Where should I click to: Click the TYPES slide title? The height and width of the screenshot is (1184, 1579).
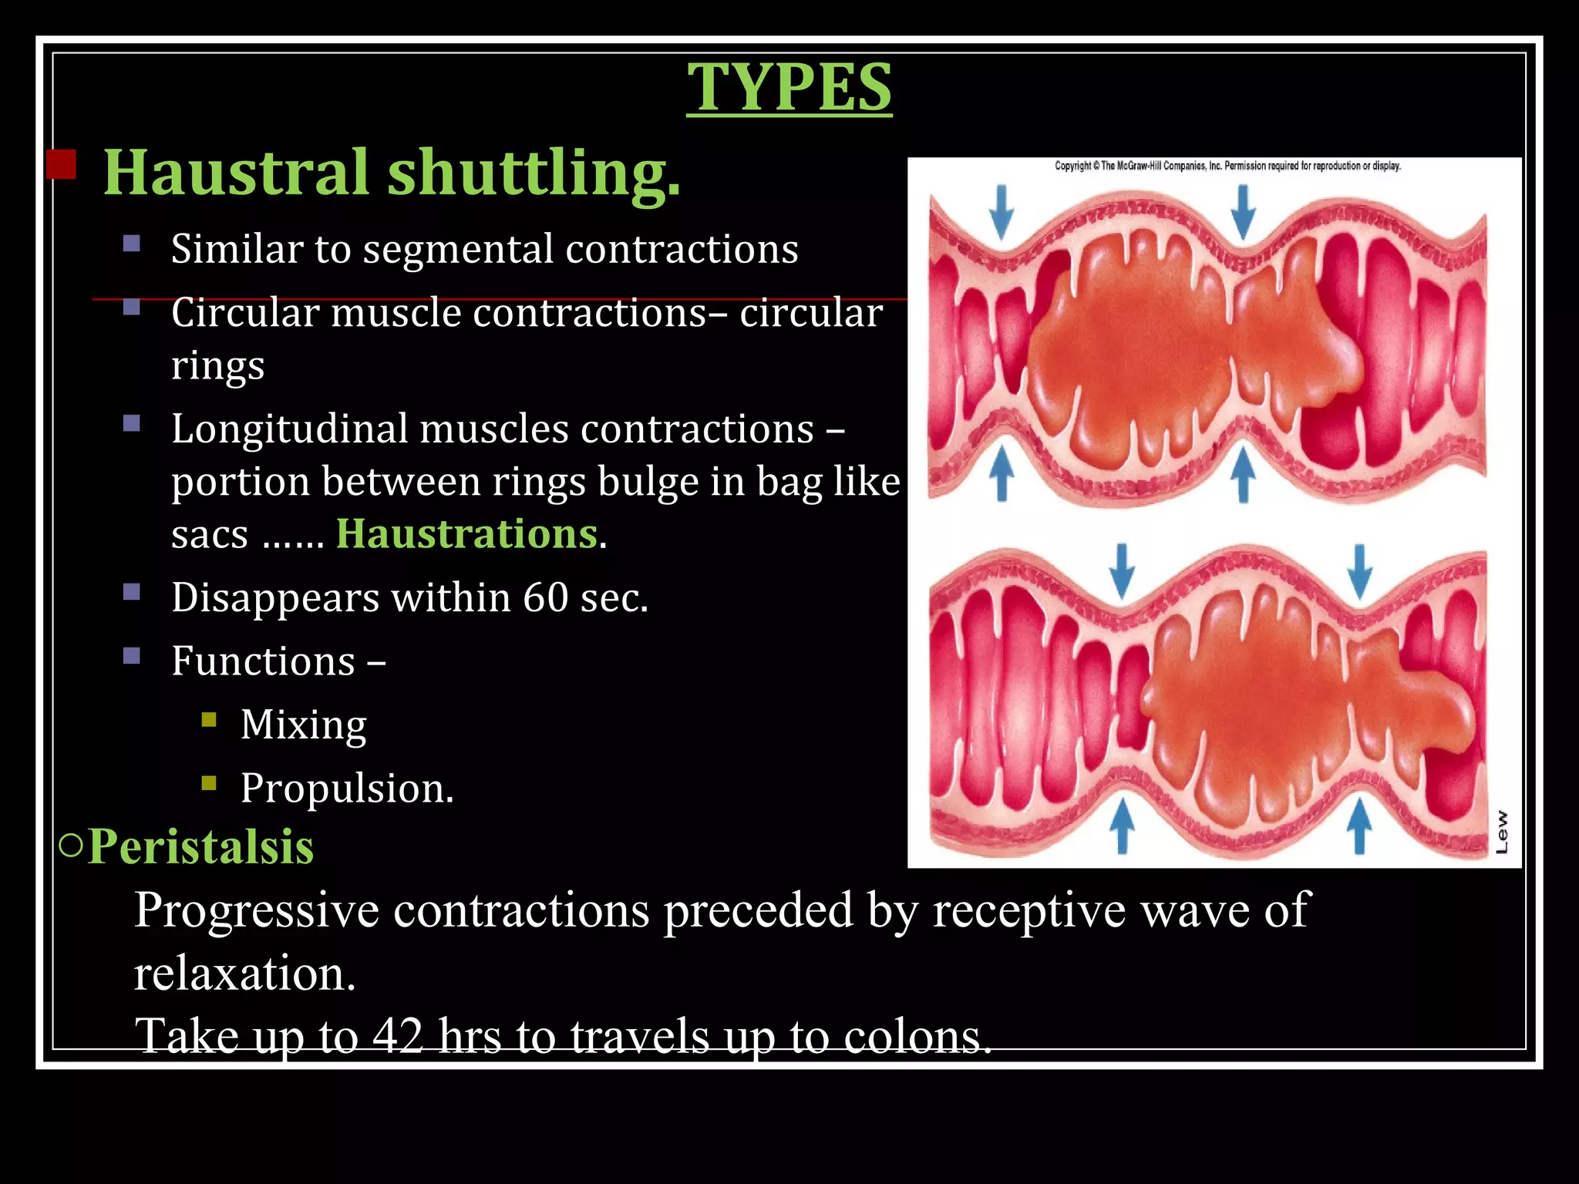[x=789, y=87]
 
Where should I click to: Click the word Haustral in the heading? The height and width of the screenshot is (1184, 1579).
[x=236, y=172]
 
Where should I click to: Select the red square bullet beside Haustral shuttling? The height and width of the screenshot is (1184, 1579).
[x=61, y=164]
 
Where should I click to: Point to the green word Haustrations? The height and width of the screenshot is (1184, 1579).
[x=466, y=533]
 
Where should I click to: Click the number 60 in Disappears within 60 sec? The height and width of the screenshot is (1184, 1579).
[x=545, y=597]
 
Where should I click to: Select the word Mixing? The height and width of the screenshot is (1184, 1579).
[x=303, y=725]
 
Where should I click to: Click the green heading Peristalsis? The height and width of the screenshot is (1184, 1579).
[x=200, y=846]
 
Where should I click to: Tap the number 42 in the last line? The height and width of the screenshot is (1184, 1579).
[x=398, y=1035]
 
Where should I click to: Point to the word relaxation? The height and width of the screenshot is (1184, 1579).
[x=244, y=973]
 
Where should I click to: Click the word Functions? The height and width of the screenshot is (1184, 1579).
[x=263, y=661]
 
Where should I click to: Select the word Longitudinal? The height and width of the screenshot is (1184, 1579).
[x=289, y=429]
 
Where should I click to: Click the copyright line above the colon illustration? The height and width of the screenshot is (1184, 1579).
[x=1227, y=166]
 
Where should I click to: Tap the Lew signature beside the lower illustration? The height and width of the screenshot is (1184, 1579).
[x=1501, y=832]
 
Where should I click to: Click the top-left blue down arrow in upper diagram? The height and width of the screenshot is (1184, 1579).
[x=1001, y=212]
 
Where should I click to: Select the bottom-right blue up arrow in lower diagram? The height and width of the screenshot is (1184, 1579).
[x=1358, y=825]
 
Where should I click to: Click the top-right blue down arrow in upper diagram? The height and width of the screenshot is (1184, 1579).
[x=1242, y=212]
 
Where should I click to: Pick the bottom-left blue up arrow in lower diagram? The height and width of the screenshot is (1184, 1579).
[x=1122, y=825]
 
